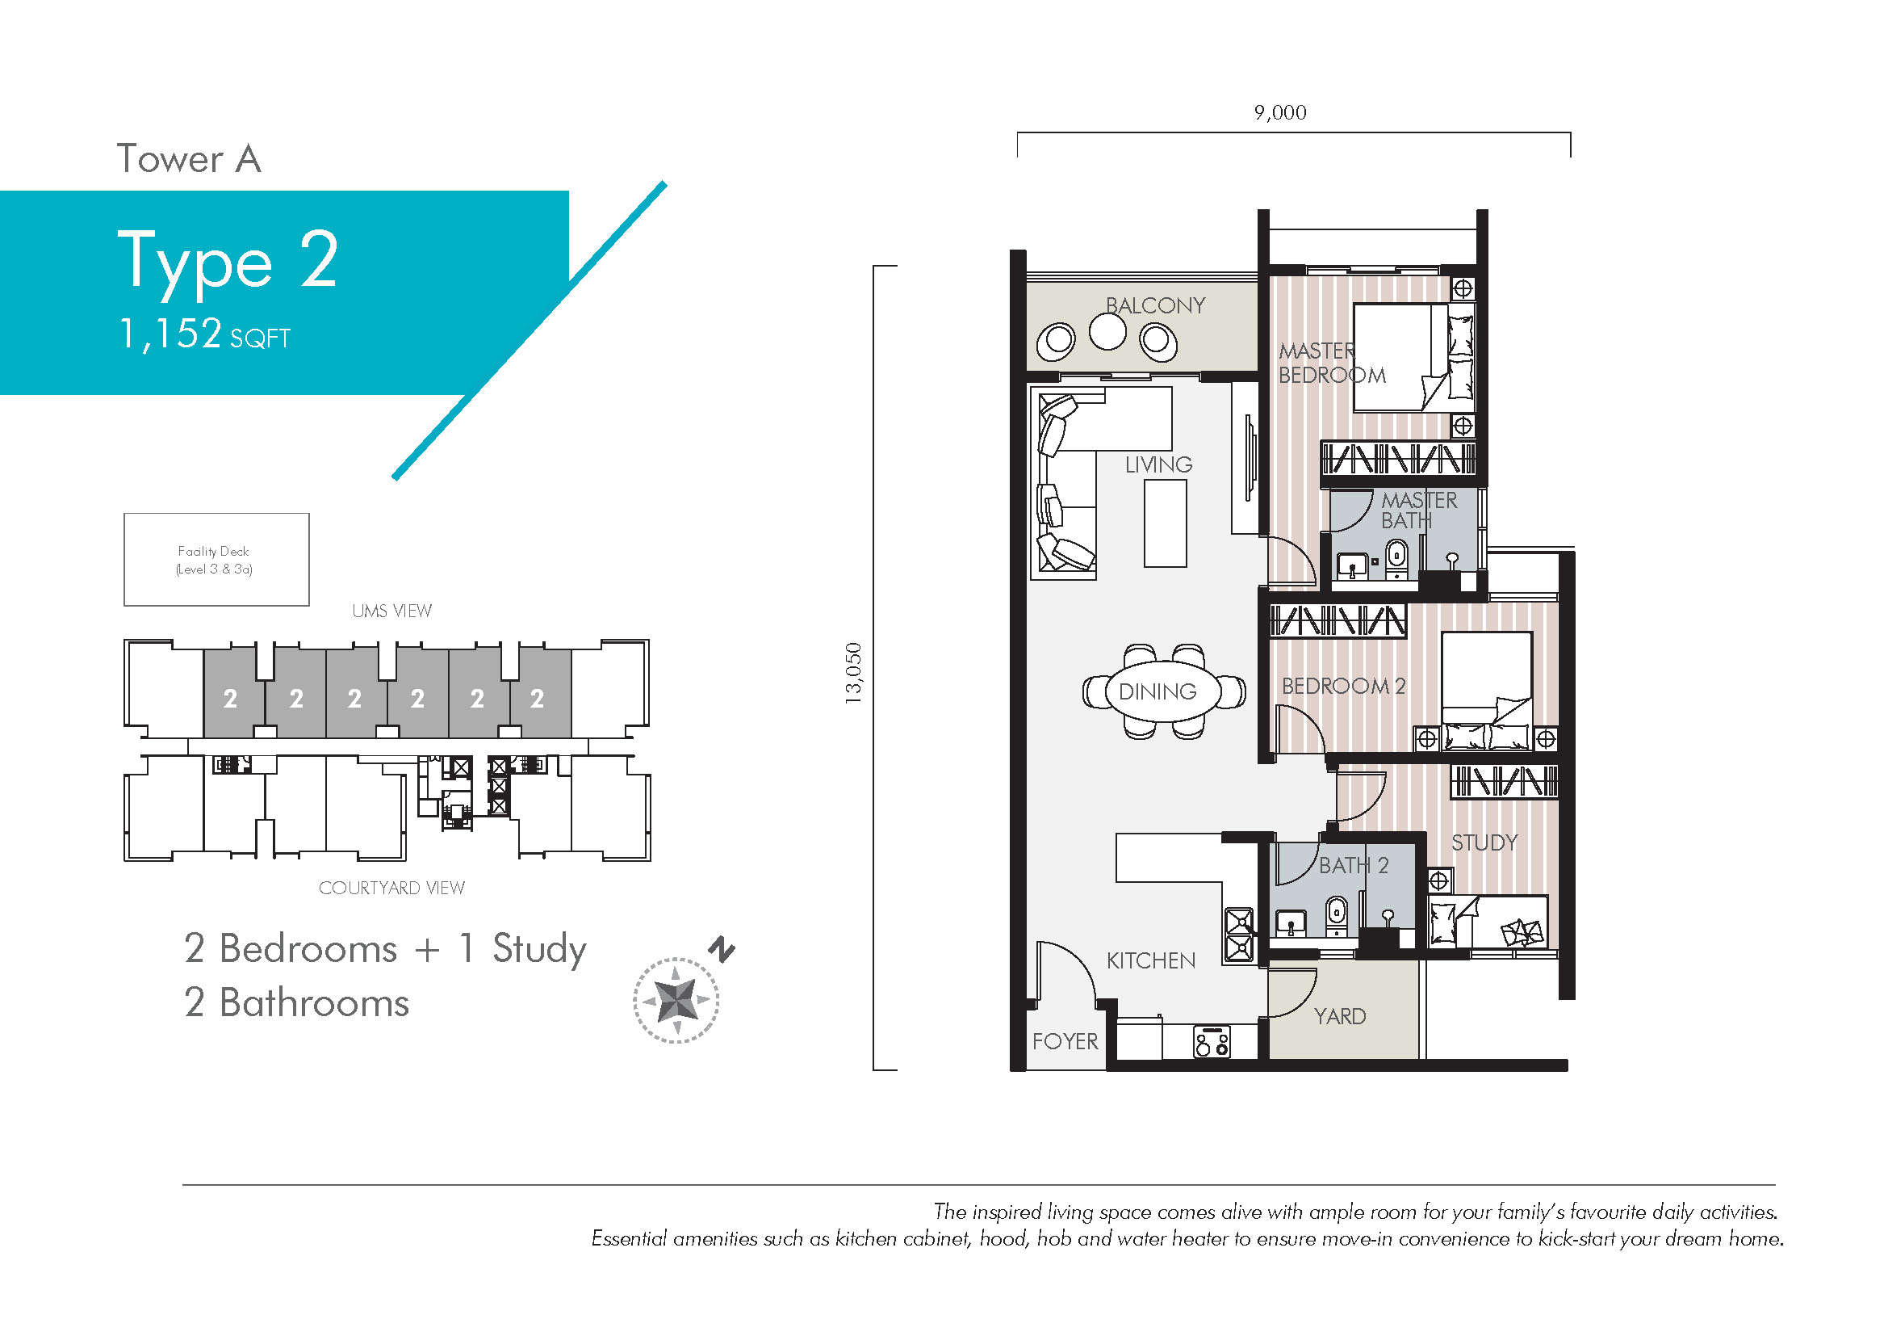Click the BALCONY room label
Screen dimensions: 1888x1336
1154,305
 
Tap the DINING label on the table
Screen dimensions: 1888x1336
1157,692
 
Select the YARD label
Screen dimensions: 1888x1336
1340,1017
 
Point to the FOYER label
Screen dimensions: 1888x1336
1065,1041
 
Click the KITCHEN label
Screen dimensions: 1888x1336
1150,961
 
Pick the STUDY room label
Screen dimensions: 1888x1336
1484,842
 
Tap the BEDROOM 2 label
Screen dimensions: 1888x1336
1344,686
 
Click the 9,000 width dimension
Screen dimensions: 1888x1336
1280,113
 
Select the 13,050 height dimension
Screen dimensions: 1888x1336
853,673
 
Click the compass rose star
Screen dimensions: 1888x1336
676,1000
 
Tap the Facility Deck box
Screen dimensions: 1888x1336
216,560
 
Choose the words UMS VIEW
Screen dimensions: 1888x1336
391,611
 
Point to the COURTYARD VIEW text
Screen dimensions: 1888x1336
391,889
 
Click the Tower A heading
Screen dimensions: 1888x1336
189,159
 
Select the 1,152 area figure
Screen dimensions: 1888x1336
171,334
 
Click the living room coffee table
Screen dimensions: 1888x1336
1166,523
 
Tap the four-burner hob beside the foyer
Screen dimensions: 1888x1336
1212,1042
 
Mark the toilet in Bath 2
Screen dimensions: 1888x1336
1337,914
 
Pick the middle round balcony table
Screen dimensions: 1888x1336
1107,332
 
